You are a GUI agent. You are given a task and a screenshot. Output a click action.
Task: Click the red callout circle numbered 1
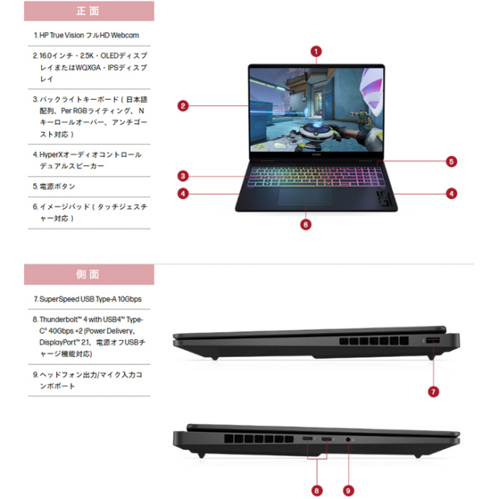point(316,51)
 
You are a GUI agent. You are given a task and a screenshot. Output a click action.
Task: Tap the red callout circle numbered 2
point(182,106)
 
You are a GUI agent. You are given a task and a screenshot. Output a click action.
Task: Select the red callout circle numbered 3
point(182,175)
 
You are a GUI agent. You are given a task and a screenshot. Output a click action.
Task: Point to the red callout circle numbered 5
point(451,161)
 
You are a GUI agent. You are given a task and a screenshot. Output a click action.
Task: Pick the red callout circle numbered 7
point(434,391)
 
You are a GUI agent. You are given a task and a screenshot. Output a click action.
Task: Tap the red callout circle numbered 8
point(317,490)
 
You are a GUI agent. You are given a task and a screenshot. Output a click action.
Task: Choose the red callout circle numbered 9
point(349,490)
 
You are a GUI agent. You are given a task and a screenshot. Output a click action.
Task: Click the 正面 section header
point(88,12)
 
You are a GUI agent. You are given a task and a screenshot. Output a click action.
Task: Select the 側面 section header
point(88,274)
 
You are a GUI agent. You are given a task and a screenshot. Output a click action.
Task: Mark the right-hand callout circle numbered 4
point(451,193)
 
